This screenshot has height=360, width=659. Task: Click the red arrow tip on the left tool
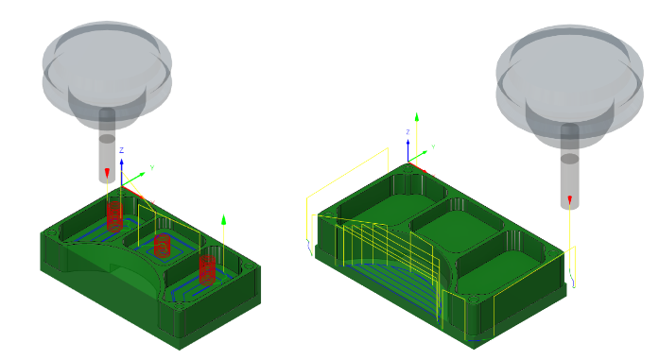click(x=107, y=173)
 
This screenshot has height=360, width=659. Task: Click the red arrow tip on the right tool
click(x=570, y=199)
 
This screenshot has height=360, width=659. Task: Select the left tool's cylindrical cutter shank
click(x=107, y=151)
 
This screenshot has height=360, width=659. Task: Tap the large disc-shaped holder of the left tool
click(x=107, y=61)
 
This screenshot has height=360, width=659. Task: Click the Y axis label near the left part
click(x=151, y=167)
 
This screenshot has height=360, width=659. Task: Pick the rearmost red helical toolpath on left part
click(x=115, y=216)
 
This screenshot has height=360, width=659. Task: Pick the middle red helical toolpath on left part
click(x=162, y=246)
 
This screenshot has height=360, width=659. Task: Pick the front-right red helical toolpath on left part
click(x=207, y=268)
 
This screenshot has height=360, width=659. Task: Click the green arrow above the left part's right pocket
click(x=224, y=220)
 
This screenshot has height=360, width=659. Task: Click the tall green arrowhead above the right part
click(x=417, y=117)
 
